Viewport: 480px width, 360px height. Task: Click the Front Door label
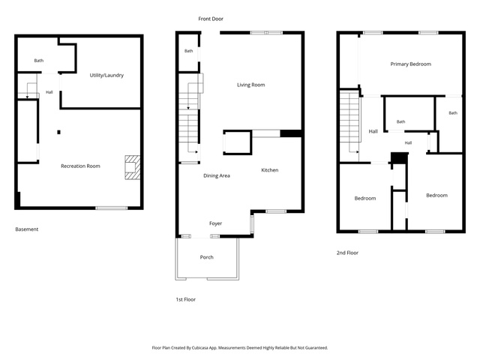pyautogui.click(x=211, y=19)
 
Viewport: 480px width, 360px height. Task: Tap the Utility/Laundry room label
pyautogui.click(x=106, y=75)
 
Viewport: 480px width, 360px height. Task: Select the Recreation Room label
pyautogui.click(x=80, y=166)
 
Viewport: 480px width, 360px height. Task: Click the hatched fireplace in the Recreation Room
pyautogui.click(x=133, y=167)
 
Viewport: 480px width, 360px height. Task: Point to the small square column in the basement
pyautogui.click(x=58, y=132)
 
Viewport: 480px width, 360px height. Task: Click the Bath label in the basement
pyautogui.click(x=39, y=61)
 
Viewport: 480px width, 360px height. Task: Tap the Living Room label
pyautogui.click(x=251, y=85)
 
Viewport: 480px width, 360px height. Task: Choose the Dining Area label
pyautogui.click(x=217, y=175)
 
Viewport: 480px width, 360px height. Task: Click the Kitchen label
pyautogui.click(x=270, y=170)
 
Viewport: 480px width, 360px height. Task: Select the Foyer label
pyautogui.click(x=215, y=223)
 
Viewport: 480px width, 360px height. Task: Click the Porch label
pyautogui.click(x=207, y=257)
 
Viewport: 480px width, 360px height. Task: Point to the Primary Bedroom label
pyautogui.click(x=411, y=64)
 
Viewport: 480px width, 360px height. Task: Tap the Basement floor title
pyautogui.click(x=27, y=229)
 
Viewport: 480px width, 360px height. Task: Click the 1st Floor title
pyautogui.click(x=186, y=299)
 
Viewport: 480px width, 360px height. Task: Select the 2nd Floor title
pyautogui.click(x=347, y=253)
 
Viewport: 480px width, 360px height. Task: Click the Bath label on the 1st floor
pyautogui.click(x=188, y=51)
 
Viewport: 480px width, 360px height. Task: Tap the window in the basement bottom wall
pyautogui.click(x=112, y=208)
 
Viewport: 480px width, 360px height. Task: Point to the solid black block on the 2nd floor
pyautogui.click(x=400, y=158)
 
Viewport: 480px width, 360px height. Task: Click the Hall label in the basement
pyautogui.click(x=49, y=92)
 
